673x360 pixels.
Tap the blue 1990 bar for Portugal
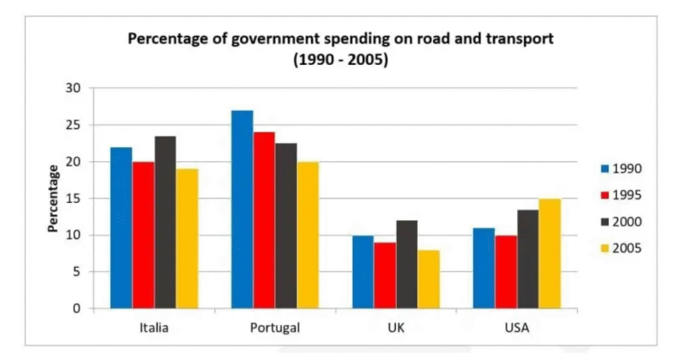(242, 210)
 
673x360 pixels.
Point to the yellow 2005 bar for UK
(429, 279)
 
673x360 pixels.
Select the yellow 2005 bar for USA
(550, 254)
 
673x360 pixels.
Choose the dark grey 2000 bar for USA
(528, 259)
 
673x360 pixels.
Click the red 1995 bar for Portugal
(264, 220)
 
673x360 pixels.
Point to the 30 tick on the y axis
(78, 88)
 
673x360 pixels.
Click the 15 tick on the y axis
(78, 198)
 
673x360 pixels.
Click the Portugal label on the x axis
(275, 328)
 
